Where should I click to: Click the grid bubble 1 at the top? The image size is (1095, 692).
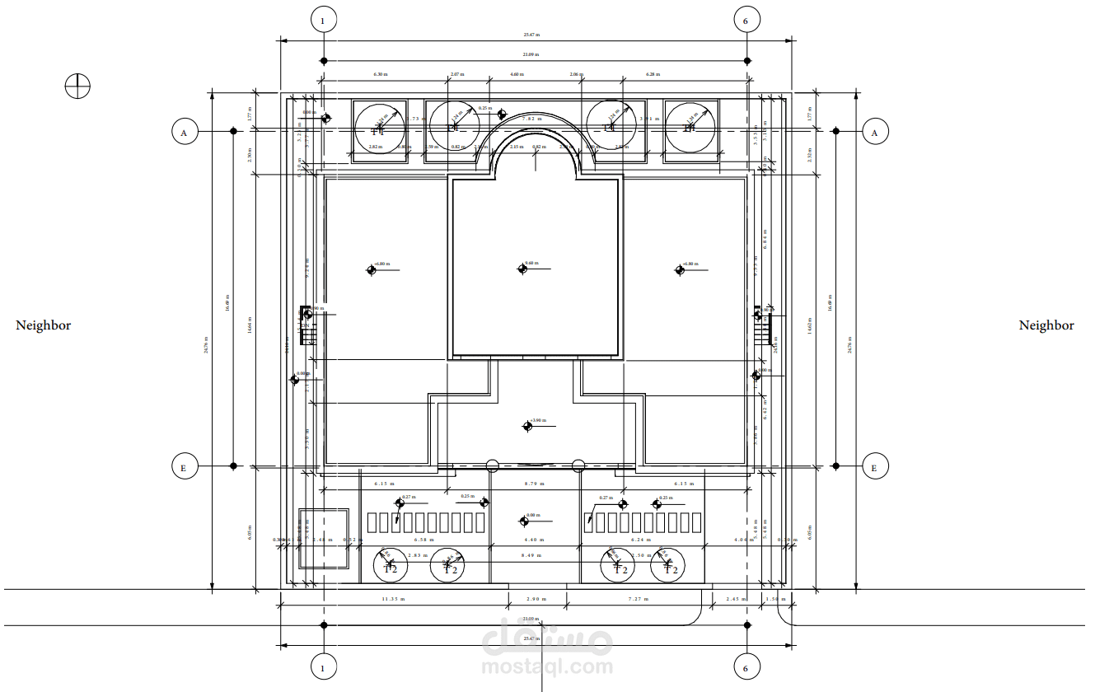click(x=323, y=20)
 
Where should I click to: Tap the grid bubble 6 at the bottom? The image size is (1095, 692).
click(x=746, y=668)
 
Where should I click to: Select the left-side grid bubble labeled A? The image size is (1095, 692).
click(x=184, y=131)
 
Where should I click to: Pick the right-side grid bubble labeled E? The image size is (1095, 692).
click(x=875, y=466)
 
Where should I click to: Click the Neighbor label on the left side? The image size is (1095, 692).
click(x=44, y=325)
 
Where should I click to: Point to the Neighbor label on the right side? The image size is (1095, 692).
click(x=1046, y=325)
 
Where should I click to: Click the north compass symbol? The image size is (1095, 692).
click(x=77, y=86)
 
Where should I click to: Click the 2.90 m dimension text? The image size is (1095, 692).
click(x=537, y=599)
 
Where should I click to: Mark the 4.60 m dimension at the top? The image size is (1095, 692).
click(x=516, y=74)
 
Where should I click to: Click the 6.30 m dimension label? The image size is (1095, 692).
click(x=381, y=74)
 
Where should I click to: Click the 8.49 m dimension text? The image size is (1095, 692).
click(x=531, y=556)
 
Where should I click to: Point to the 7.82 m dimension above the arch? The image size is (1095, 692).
click(x=532, y=119)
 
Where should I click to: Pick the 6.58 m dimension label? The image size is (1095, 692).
click(x=423, y=540)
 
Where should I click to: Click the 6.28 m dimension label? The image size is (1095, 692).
click(x=653, y=74)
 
